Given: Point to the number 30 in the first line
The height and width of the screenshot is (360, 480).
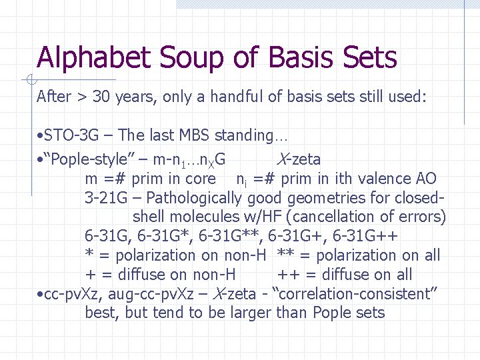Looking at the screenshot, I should [x=101, y=97].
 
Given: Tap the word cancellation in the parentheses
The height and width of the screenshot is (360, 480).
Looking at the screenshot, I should [x=340, y=217].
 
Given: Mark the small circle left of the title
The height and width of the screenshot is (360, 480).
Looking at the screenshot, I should [x=31, y=81].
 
